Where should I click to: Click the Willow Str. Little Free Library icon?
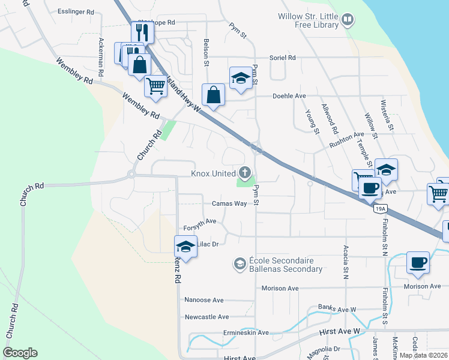pos(348,21)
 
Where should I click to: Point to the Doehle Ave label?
pos(289,96)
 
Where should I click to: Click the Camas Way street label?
pos(229,203)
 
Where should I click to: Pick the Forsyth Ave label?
pos(200,222)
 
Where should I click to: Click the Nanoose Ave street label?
pos(203,300)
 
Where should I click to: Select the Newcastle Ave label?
pos(206,317)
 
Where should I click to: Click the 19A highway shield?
pos(379,209)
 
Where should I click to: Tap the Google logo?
pos(20,352)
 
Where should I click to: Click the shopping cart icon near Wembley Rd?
pos(156,86)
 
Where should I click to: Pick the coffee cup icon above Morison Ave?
pos(418,262)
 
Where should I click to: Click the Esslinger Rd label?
pos(76,11)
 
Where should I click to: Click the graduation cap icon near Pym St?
pos(241,77)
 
